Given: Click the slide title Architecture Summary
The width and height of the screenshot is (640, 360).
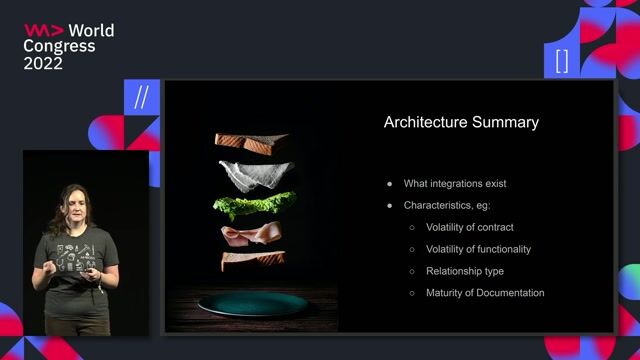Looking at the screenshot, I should [461, 123].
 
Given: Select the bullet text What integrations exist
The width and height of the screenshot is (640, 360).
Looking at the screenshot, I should [455, 184].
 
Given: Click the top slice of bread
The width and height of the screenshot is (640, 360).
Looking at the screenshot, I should [250, 142].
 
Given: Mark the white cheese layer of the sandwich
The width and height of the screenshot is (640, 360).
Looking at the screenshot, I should [256, 174].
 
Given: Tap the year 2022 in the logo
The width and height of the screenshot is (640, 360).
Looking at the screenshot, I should [43, 63].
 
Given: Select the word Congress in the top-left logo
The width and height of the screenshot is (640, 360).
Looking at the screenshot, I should [59, 46].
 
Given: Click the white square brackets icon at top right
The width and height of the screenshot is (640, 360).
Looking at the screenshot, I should [561, 60].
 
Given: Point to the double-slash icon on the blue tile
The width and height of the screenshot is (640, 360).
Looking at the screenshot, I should [141, 98].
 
